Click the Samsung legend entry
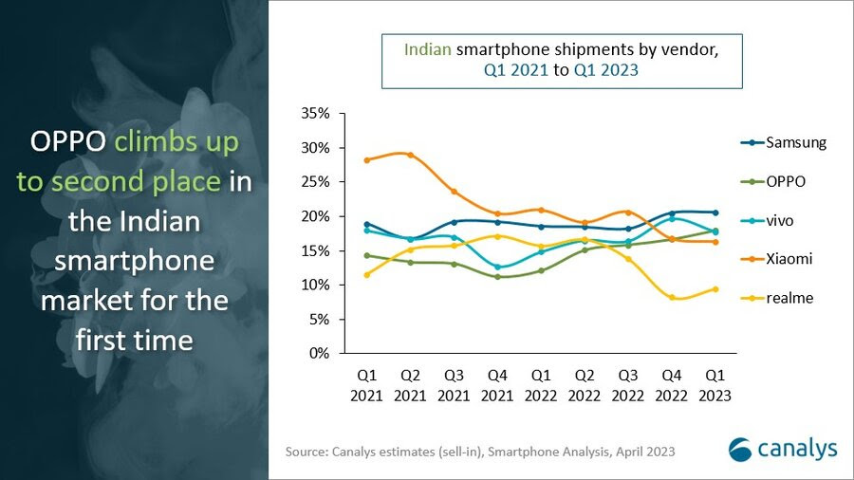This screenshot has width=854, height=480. pos(783,143)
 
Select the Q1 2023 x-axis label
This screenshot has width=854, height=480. pos(715,386)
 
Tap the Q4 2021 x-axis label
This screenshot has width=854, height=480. pos(497,386)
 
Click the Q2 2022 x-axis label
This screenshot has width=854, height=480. pos(585,386)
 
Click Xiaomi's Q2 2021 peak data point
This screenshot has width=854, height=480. pos(410,155)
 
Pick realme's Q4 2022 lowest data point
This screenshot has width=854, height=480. pos(672,298)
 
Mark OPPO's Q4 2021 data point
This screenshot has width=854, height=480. pos(497,277)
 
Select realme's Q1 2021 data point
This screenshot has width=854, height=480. pos(366,275)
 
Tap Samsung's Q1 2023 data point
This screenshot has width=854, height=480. pos(715,212)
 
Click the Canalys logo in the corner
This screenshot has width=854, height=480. pos(783,449)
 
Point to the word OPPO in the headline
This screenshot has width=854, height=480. pos(67,144)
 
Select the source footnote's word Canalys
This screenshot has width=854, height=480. pos(355,452)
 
